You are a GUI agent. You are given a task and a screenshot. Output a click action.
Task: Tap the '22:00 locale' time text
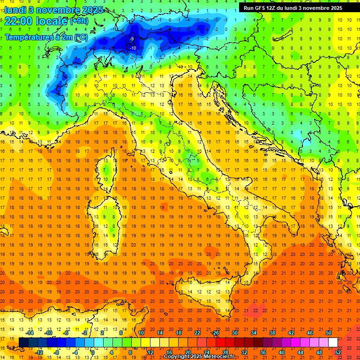click(37, 21)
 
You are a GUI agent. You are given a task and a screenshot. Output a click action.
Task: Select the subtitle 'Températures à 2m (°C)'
click(46, 37)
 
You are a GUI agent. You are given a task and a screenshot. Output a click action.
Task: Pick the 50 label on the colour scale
click(329, 333)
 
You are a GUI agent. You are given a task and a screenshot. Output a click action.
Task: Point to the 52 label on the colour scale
click(338, 352)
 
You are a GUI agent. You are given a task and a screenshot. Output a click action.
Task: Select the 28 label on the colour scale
click(225, 352)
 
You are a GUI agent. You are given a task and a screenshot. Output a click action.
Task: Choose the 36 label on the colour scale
click(263, 352)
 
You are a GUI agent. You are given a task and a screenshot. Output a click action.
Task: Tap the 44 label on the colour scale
click(300, 352)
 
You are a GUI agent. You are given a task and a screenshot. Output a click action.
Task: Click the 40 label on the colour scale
click(282, 352)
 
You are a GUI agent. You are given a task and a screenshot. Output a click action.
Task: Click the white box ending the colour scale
click(333, 343)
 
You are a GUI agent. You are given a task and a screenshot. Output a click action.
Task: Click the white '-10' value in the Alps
click(133, 48)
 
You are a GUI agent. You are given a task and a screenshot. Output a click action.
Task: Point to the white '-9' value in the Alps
click(132, 38)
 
